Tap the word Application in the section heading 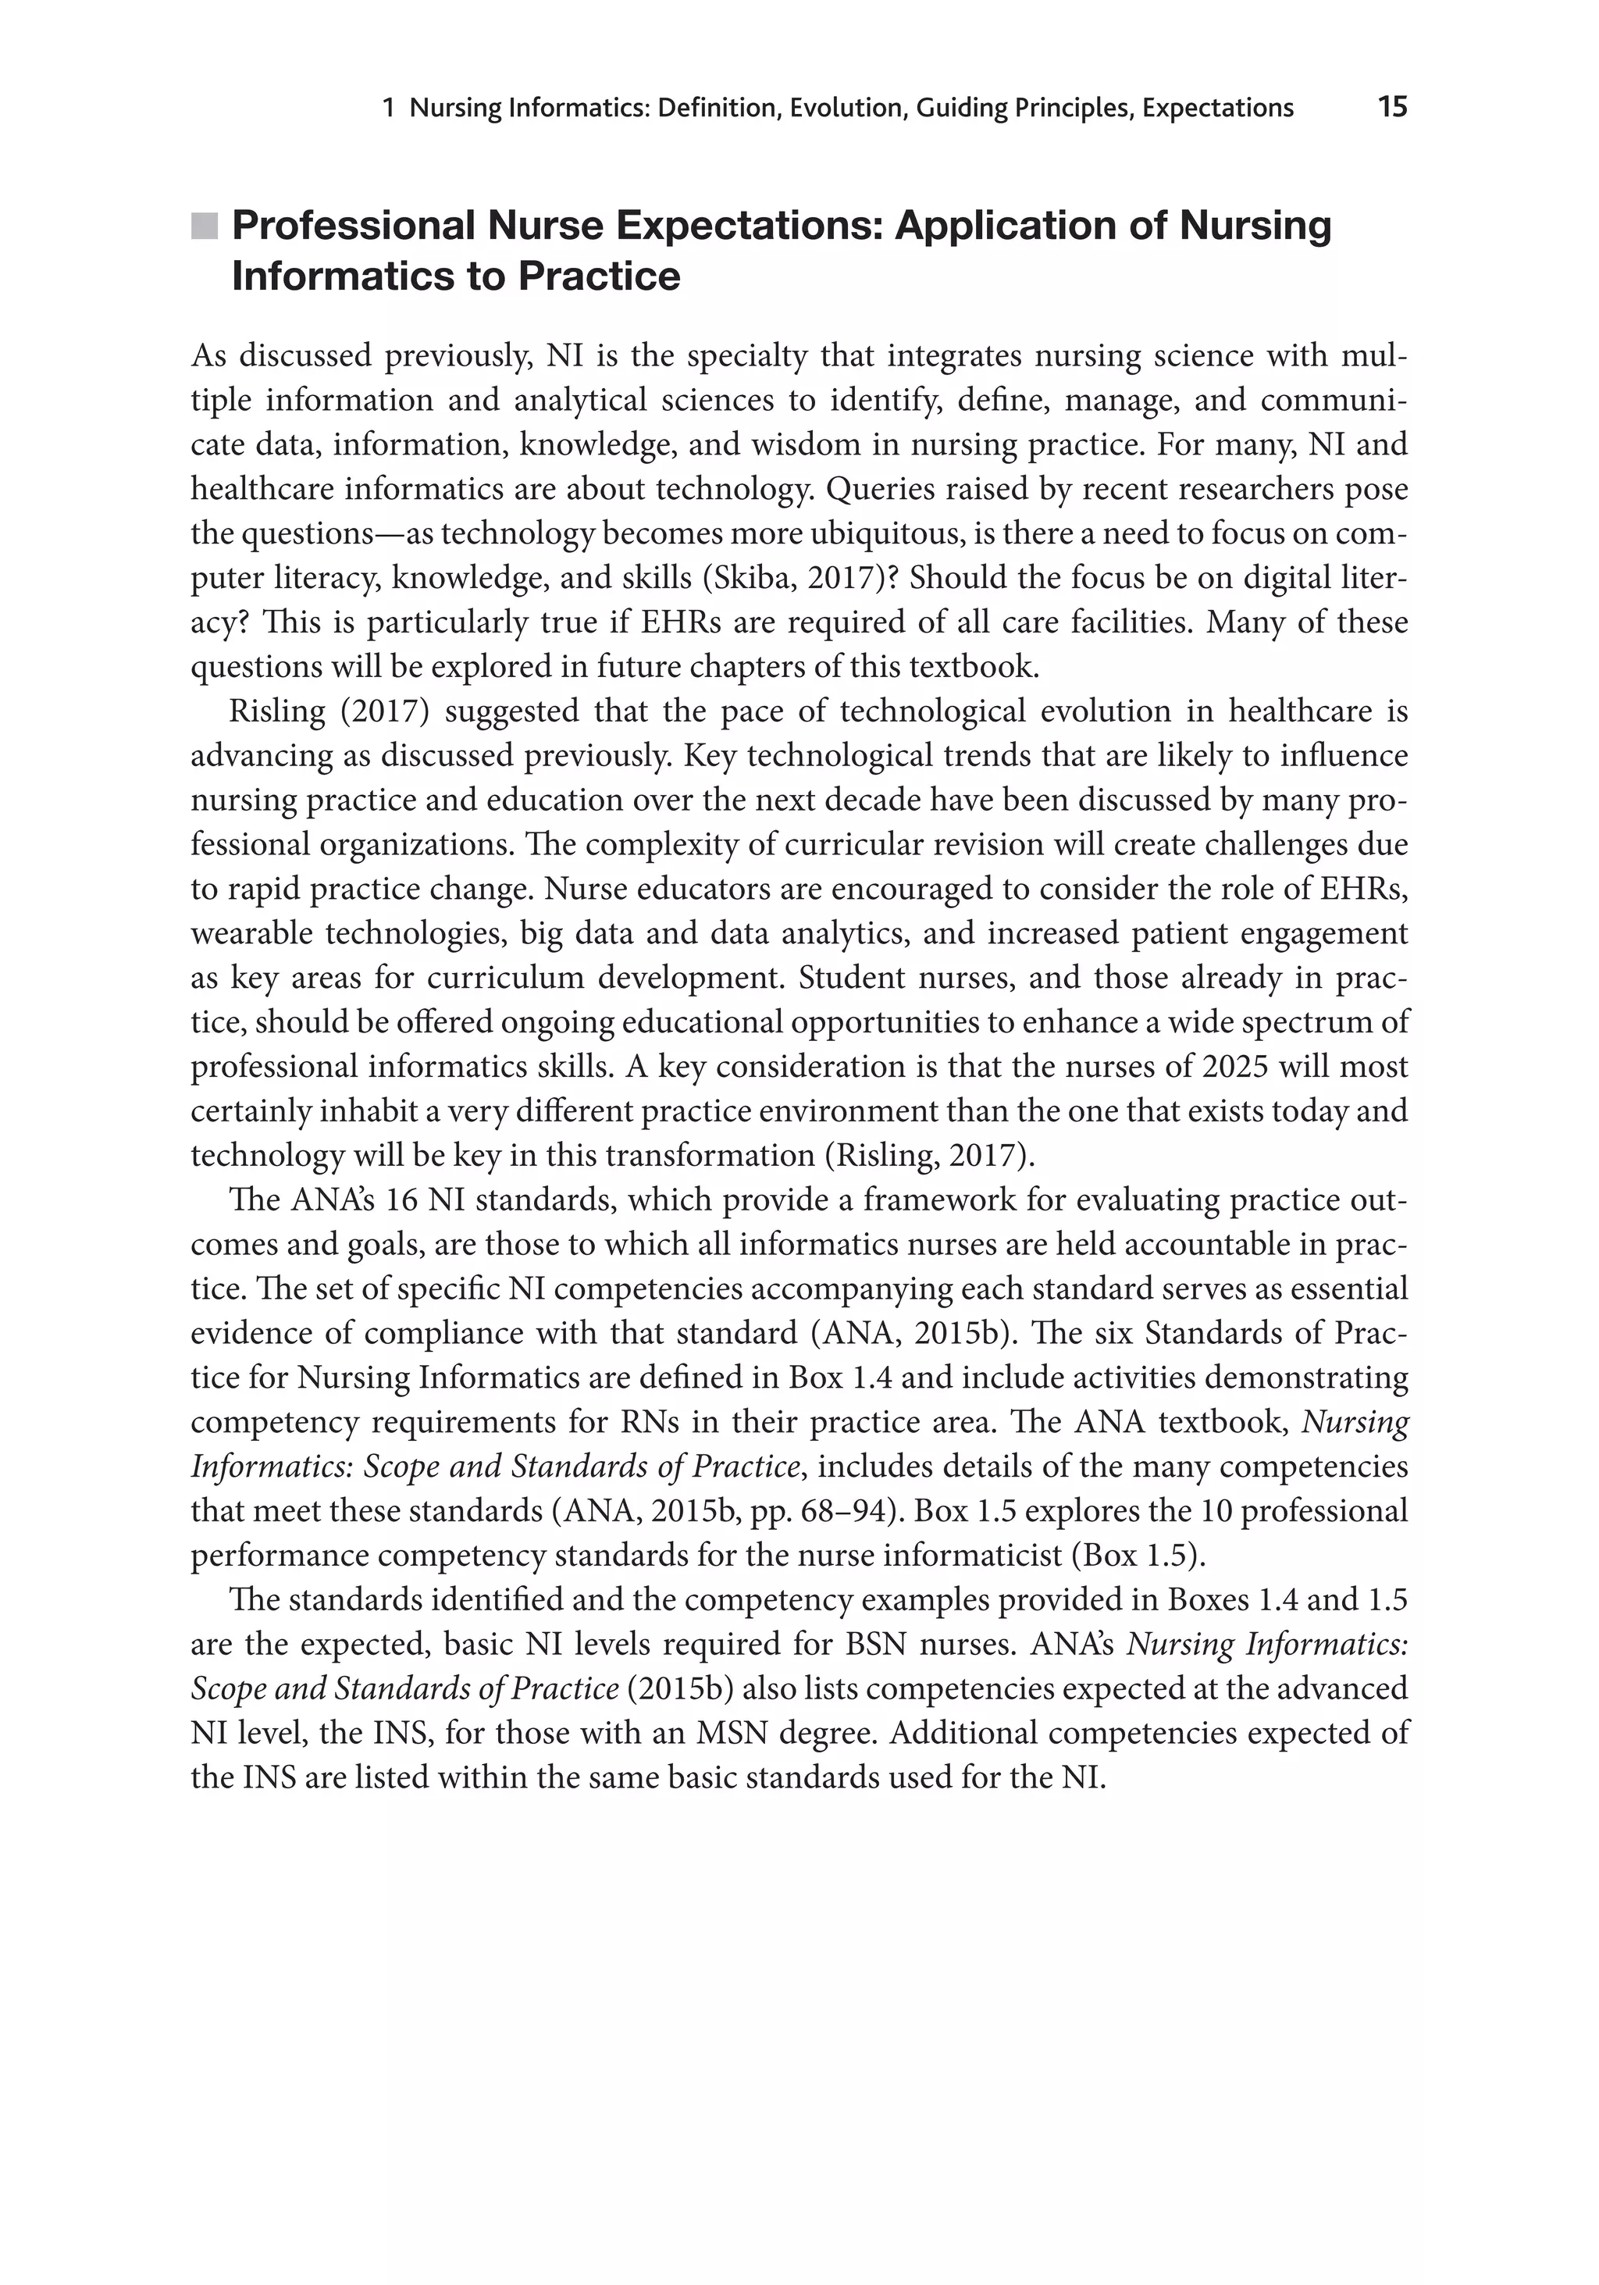click(1007, 226)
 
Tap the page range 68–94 click(845, 1511)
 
